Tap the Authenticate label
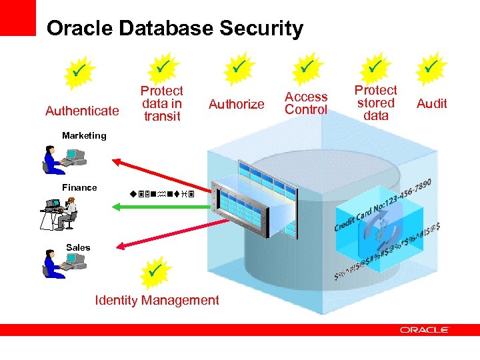click(x=82, y=111)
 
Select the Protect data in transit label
click(x=161, y=103)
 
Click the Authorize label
click(x=236, y=104)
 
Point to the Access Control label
click(x=306, y=103)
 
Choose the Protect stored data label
click(x=375, y=103)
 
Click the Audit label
click(x=431, y=103)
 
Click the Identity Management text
click(x=157, y=300)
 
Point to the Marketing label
click(x=84, y=135)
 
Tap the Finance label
click(x=79, y=187)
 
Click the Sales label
click(x=78, y=247)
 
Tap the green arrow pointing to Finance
click(x=160, y=207)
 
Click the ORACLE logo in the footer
click(x=425, y=329)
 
